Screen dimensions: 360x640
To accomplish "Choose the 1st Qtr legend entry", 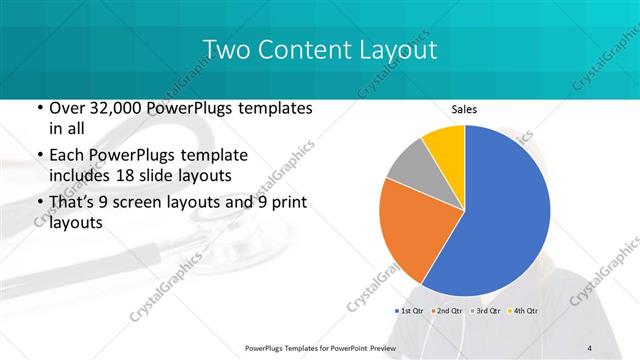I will point(413,311).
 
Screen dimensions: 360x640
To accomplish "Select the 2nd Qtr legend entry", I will point(449,311).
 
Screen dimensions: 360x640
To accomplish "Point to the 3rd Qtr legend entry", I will point(487,311).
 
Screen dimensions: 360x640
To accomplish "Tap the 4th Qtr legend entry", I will point(525,311).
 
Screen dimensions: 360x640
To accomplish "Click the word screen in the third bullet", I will point(150,203).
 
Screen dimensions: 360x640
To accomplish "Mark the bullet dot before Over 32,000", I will point(38,108).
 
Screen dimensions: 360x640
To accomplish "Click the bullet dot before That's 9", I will point(38,203).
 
